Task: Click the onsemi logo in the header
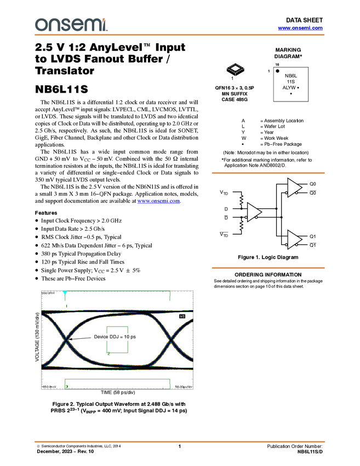pyautogui.click(x=71, y=25)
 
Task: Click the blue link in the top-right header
pyautogui.click(x=300, y=28)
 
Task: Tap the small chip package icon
pyautogui.click(x=235, y=69)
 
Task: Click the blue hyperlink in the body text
pyautogui.click(x=158, y=202)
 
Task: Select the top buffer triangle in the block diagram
pyautogui.click(x=294, y=187)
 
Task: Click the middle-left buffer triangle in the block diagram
pyautogui.click(x=253, y=212)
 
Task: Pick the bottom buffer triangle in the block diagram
pyautogui.click(x=294, y=240)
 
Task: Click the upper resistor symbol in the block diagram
pyautogui.click(x=241, y=200)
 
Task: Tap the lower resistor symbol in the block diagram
pyautogui.click(x=241, y=225)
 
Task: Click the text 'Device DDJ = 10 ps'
pyautogui.click(x=115, y=337)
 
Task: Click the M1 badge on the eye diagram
pyautogui.click(x=182, y=317)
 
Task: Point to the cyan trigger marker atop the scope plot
pyautogui.click(x=65, y=292)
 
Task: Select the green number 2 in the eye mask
pyautogui.click(x=108, y=354)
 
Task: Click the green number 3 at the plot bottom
pyautogui.click(x=67, y=386)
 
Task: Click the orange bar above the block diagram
pyautogui.click(x=268, y=173)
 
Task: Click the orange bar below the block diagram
pyautogui.click(x=268, y=268)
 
